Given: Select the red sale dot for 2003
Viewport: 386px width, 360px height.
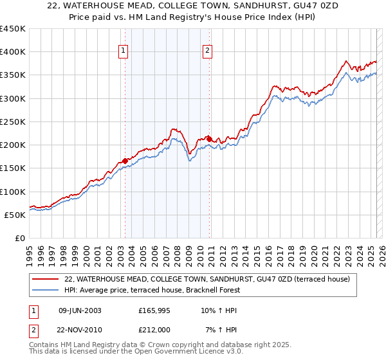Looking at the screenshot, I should pos(125,161).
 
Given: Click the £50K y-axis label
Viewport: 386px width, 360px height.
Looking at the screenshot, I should pos(15,215).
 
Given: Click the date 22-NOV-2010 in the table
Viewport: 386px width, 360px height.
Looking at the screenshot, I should pos(80,330).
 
